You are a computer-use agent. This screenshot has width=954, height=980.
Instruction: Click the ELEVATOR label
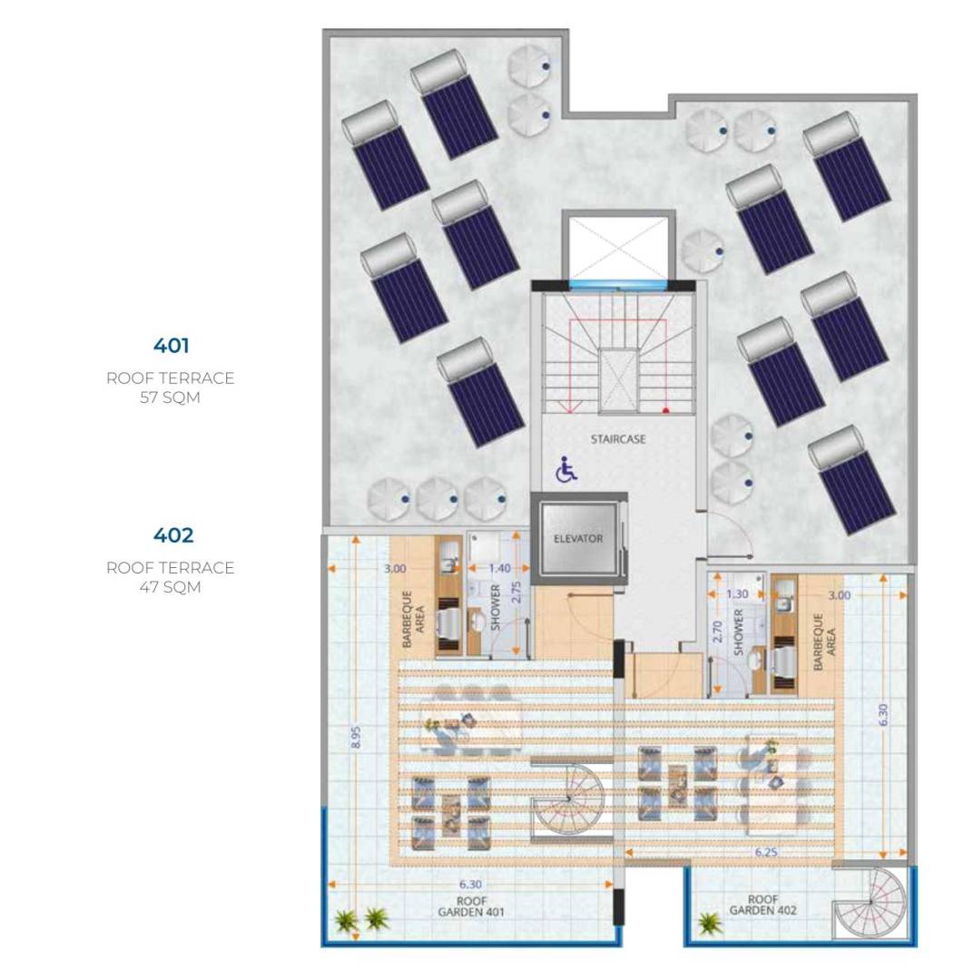[x=578, y=538]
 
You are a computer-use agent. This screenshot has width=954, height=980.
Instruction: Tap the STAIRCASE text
[x=617, y=439]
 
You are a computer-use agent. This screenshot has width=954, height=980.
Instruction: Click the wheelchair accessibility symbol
[x=566, y=469]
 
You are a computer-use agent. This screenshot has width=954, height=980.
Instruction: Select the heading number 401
[x=172, y=346]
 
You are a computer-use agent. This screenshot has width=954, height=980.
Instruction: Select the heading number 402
[x=173, y=535]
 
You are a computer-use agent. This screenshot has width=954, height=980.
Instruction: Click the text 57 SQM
[x=170, y=397]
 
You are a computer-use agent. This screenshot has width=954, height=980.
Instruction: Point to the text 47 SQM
[x=170, y=587]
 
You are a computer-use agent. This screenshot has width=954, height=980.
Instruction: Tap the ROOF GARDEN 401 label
[x=471, y=906]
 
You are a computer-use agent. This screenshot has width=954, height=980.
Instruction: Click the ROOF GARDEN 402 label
[x=762, y=905]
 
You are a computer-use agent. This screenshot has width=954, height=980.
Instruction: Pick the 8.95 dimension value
[x=356, y=737]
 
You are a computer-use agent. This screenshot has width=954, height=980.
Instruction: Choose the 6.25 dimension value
[x=766, y=852]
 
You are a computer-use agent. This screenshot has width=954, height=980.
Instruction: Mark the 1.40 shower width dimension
[x=499, y=568]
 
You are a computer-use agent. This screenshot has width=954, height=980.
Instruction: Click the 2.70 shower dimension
[x=718, y=632]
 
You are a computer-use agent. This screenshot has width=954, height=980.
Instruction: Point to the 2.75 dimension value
[x=516, y=593]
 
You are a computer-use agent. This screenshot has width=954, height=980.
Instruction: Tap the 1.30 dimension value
[x=738, y=593]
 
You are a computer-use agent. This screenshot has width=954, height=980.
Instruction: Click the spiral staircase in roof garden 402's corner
[x=870, y=903]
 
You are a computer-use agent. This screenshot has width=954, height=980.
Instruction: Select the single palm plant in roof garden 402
[x=708, y=922]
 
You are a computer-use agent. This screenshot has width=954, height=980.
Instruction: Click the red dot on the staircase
[x=666, y=411]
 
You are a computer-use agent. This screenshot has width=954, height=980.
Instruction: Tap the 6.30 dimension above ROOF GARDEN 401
[x=470, y=884]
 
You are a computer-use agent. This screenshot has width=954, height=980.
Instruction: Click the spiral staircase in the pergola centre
[x=567, y=799]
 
